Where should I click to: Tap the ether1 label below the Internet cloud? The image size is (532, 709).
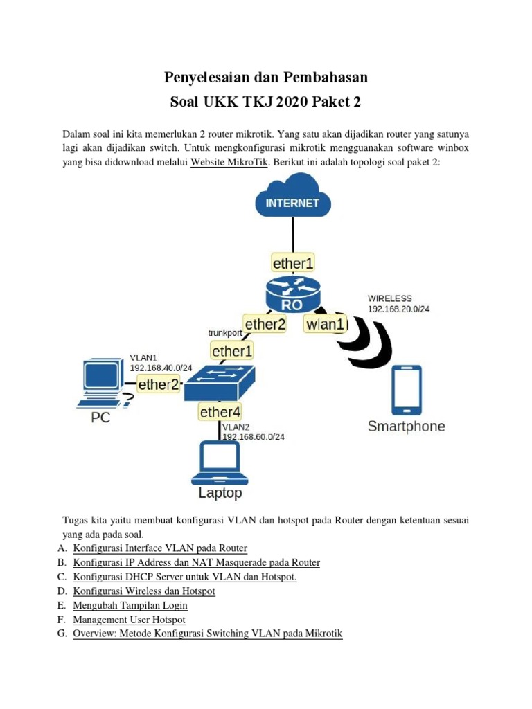[x=293, y=263]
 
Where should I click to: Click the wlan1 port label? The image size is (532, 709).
[x=325, y=323]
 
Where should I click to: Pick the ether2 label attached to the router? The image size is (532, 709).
[x=264, y=323]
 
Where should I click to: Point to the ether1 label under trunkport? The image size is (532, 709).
[x=232, y=352]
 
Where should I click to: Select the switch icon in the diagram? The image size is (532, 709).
[x=220, y=382]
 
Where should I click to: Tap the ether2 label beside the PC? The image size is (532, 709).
[x=159, y=384]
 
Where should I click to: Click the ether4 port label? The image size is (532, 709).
[x=220, y=413]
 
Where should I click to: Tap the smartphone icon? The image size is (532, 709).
[x=406, y=390]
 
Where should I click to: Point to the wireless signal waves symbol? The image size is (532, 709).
[x=368, y=341]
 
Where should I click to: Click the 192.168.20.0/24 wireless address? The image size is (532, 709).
[x=398, y=309]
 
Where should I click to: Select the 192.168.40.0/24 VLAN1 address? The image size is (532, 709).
[x=161, y=368]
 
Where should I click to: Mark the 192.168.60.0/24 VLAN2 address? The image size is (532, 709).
[x=253, y=437]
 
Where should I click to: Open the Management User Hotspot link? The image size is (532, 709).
[x=129, y=620]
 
